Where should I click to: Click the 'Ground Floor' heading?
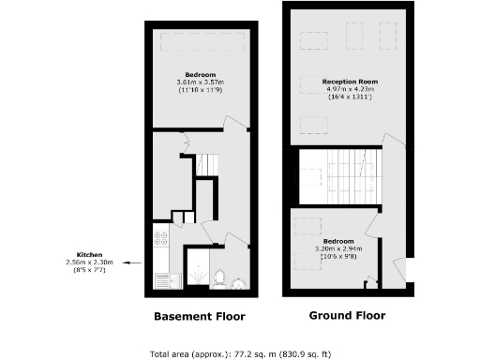[346, 316]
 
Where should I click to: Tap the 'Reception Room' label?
[349, 82]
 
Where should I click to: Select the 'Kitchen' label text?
[90, 255]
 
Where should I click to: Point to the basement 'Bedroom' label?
[200, 75]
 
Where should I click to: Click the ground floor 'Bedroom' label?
[336, 226]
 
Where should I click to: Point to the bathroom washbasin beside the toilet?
[238, 280]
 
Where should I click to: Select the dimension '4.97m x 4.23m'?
[349, 91]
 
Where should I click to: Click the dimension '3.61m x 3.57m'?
[200, 83]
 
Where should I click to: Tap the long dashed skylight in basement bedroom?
[199, 43]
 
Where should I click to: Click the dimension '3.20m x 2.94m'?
[336, 234]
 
